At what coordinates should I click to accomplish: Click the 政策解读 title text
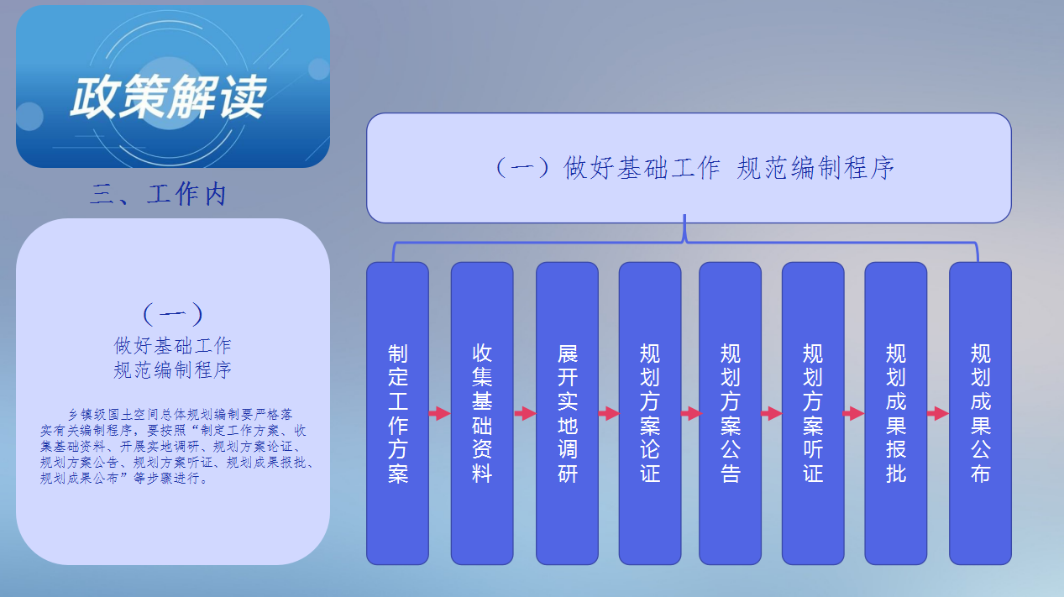click(x=168, y=97)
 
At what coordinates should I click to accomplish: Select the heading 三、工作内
click(x=159, y=194)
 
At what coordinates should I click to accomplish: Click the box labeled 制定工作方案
click(x=397, y=413)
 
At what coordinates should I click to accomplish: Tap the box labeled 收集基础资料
click(x=482, y=413)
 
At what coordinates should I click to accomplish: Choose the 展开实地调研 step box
click(x=567, y=413)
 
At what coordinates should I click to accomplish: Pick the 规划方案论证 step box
click(x=650, y=413)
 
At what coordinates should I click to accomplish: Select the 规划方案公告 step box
click(x=730, y=413)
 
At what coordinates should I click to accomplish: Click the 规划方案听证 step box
click(x=813, y=413)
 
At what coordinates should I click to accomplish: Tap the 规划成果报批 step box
click(x=896, y=413)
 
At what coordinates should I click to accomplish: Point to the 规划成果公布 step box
click(x=980, y=413)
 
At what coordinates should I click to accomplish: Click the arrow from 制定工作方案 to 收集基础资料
click(x=440, y=413)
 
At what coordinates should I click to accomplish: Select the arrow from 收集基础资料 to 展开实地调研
click(x=525, y=413)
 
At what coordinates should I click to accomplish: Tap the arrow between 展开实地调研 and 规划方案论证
click(x=609, y=413)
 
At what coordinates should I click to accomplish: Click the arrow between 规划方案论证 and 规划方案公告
click(x=690, y=413)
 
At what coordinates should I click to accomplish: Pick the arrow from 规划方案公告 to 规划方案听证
click(x=772, y=413)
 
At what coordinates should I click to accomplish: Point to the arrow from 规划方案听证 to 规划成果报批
click(x=854, y=413)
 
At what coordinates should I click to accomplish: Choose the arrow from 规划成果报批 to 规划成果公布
click(x=938, y=413)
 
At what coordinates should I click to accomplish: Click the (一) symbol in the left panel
click(x=173, y=314)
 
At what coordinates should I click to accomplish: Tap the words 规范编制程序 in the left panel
click(x=172, y=370)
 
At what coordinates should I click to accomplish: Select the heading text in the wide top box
click(x=695, y=168)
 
